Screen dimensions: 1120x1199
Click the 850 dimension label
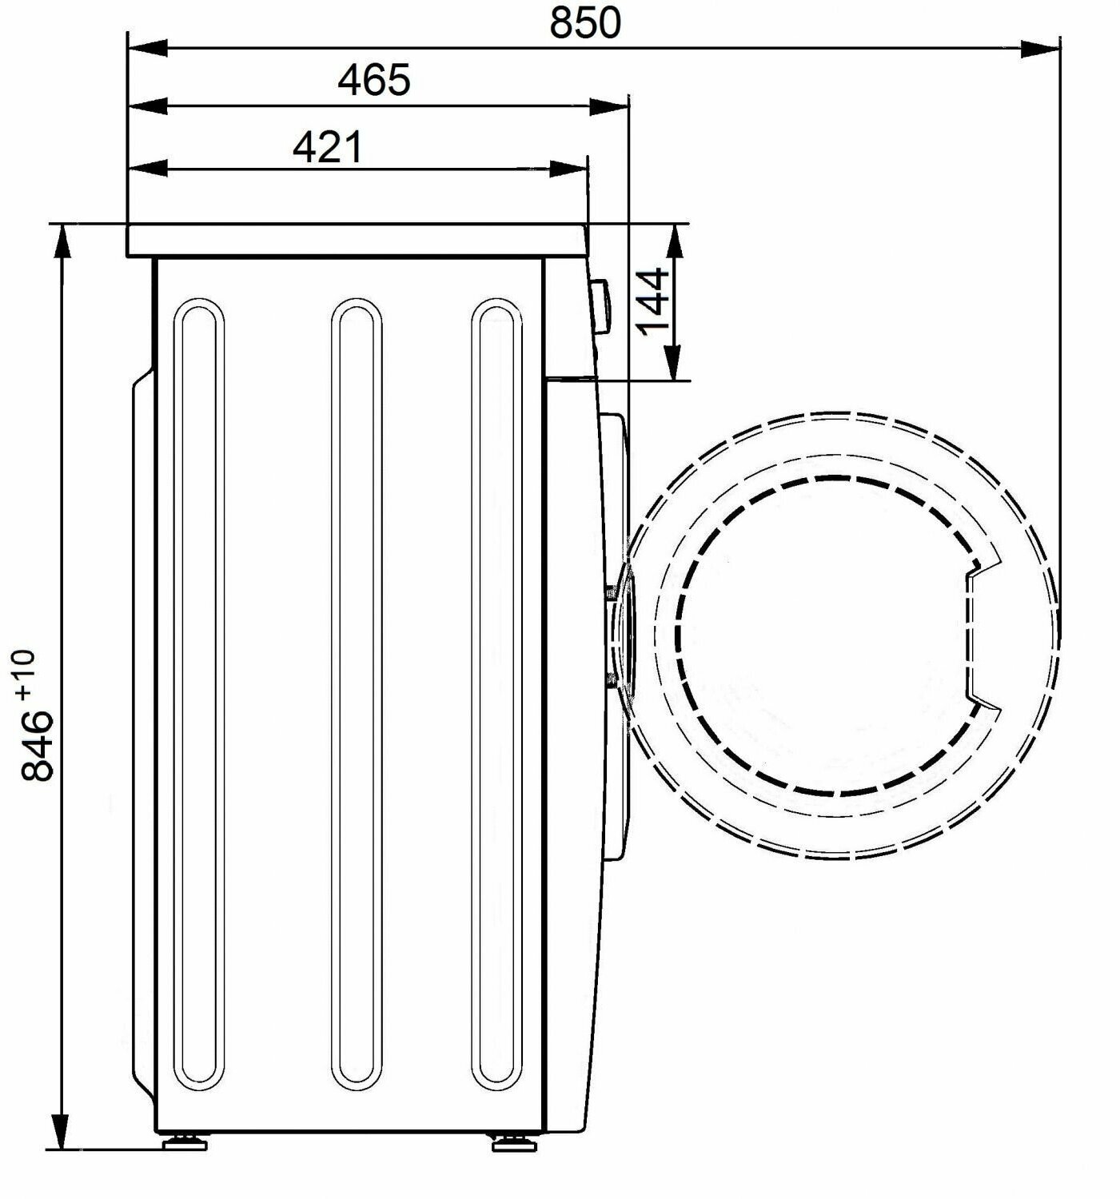(x=584, y=23)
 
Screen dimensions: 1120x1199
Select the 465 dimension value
(x=374, y=80)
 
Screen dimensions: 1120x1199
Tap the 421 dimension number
(x=328, y=147)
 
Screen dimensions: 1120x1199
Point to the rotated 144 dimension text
(x=653, y=302)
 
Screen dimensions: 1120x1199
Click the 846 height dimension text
(x=38, y=747)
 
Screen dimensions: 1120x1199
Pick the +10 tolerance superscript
(x=27, y=675)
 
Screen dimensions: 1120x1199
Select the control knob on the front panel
(x=600, y=305)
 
